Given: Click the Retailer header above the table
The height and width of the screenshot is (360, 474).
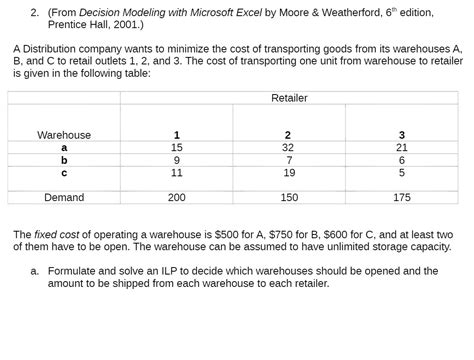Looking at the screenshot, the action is click(289, 97).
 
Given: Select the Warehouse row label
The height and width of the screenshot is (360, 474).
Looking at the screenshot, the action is click(64, 135).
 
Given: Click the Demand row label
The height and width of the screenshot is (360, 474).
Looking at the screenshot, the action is click(64, 198).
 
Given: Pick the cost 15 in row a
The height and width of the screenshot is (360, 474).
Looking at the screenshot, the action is click(177, 147).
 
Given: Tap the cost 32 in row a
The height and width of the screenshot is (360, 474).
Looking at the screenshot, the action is click(288, 147).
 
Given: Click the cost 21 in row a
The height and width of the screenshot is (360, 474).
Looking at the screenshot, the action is click(401, 147).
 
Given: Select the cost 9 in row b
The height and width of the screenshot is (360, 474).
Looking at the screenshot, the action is click(177, 160).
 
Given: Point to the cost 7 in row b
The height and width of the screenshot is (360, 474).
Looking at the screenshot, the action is click(288, 160).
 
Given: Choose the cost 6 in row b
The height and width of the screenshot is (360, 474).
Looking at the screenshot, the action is click(401, 160).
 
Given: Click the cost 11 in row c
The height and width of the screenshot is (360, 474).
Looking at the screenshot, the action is click(177, 172).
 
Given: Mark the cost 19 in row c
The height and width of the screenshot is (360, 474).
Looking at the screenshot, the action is click(288, 172).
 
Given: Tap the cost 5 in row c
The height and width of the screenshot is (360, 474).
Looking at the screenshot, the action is click(401, 172).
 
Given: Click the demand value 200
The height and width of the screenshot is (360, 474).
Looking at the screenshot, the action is click(177, 198).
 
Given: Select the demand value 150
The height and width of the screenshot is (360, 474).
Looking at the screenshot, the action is click(288, 198).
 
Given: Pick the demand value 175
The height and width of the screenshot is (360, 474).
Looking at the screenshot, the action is click(401, 198).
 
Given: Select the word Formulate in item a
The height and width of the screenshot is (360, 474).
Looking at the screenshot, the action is click(74, 271).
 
